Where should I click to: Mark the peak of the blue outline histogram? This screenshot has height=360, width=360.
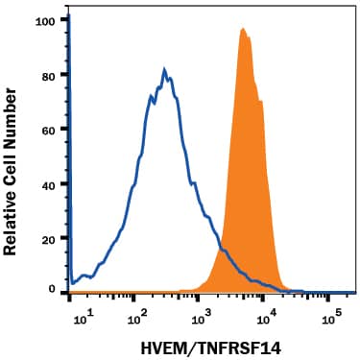coord(165,70)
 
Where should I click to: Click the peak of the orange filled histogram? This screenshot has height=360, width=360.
coord(243,29)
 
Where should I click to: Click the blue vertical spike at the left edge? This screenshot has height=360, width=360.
coord(70,144)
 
